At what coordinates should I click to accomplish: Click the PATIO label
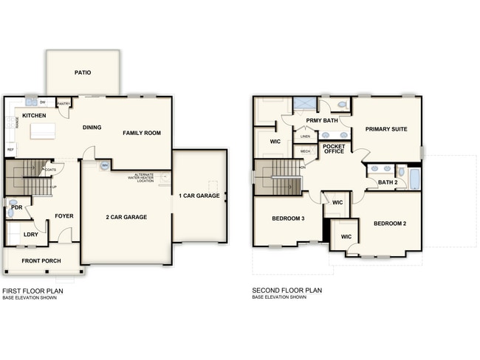[x=83, y=73]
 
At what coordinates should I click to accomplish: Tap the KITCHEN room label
[x=33, y=116]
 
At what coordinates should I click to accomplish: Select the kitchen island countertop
[x=42, y=131]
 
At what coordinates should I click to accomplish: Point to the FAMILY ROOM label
[x=141, y=133]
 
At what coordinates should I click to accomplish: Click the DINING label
[x=92, y=128]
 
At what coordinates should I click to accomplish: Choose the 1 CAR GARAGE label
[x=199, y=195]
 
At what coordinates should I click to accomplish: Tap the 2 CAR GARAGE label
[x=126, y=217]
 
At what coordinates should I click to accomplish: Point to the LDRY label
[x=31, y=235]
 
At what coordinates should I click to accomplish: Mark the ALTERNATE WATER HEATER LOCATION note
[x=140, y=178]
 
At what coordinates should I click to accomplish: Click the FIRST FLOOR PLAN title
[x=32, y=291]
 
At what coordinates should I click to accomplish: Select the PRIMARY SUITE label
[x=386, y=129]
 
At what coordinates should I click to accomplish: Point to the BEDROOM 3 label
[x=288, y=218]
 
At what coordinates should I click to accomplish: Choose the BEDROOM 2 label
[x=391, y=224]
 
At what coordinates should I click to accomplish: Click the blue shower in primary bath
[x=304, y=104]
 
